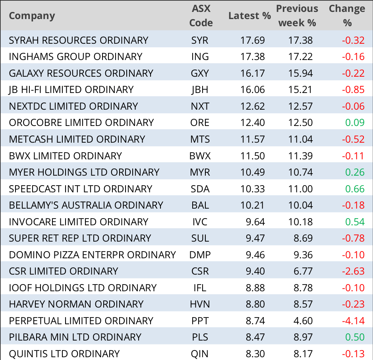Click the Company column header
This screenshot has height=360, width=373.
click(32, 16)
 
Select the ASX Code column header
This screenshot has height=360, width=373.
click(201, 16)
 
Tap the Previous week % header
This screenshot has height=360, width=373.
click(297, 16)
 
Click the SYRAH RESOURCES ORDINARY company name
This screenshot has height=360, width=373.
click(79, 40)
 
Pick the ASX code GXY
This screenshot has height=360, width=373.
click(200, 73)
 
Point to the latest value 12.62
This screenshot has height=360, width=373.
click(253, 106)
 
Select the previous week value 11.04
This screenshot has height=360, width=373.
click(301, 139)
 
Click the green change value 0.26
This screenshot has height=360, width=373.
click(355, 172)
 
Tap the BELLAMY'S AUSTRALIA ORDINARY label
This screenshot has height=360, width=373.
click(86, 205)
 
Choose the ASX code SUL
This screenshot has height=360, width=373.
click(200, 238)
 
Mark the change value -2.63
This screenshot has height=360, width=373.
click(353, 271)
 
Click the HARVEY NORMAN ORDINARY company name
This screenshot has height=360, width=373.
click(76, 304)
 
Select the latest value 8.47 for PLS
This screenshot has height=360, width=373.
click(255, 337)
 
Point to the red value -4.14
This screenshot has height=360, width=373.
click(353, 320)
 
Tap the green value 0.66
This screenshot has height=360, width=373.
click(355, 189)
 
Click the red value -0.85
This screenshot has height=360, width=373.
click(353, 90)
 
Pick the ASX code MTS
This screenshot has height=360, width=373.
click(200, 139)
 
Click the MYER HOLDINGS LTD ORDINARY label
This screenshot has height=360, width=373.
click(84, 172)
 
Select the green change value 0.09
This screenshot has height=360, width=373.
click(355, 123)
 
